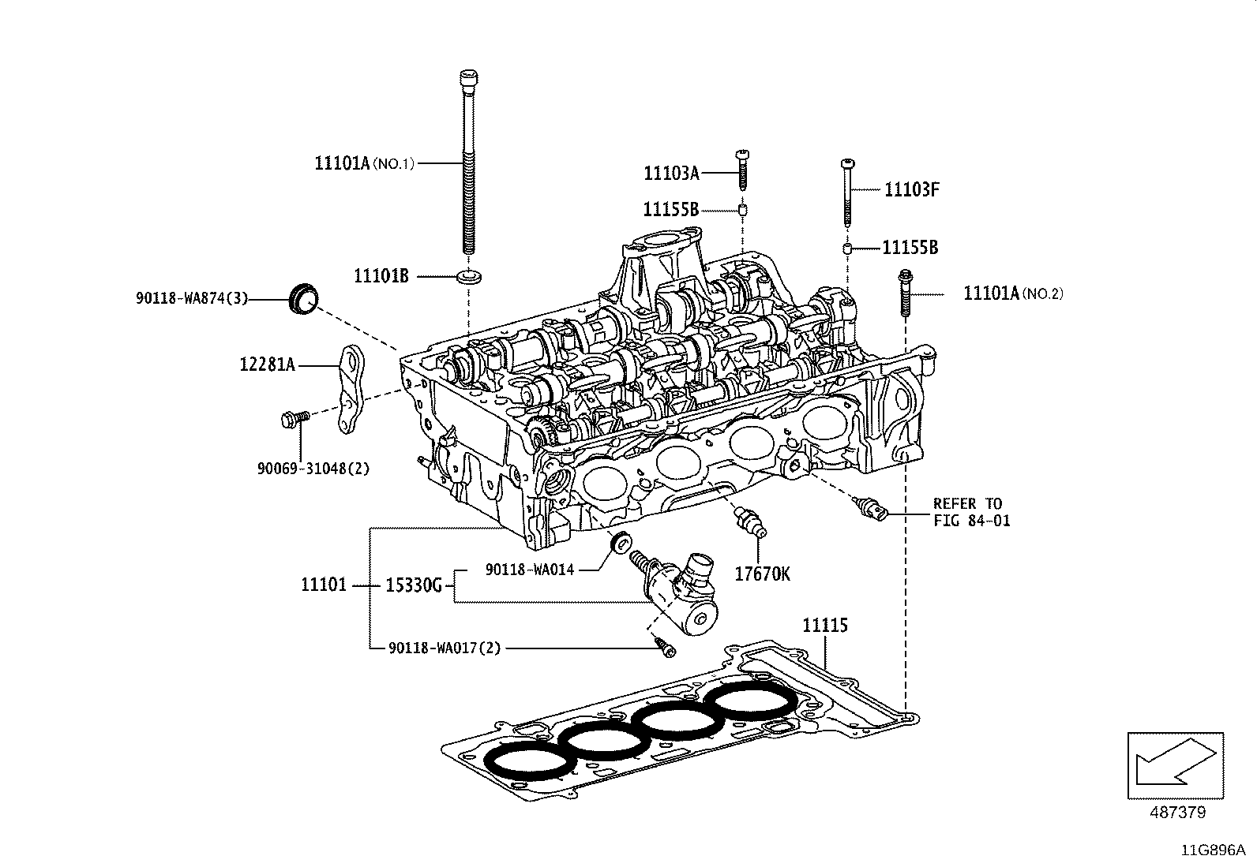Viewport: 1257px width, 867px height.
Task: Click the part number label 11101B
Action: coord(381,276)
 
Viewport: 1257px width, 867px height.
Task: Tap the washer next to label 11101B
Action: coord(471,277)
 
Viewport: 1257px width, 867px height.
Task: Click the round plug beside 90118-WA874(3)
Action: coord(304,297)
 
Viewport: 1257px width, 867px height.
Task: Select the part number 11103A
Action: coord(671,173)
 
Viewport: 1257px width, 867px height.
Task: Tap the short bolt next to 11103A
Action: coord(743,168)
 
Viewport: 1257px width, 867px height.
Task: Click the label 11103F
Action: coord(911,189)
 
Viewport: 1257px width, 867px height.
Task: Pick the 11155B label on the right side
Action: coord(910,248)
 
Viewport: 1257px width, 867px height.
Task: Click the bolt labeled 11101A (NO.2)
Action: coord(903,293)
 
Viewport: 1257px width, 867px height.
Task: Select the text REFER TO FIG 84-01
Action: coord(970,512)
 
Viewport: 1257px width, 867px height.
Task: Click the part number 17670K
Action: coord(762,574)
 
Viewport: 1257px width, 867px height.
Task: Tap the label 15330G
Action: coord(413,585)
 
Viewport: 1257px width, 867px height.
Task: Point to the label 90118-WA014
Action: coord(529,569)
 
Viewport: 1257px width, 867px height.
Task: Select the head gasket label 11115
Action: coord(825,626)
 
